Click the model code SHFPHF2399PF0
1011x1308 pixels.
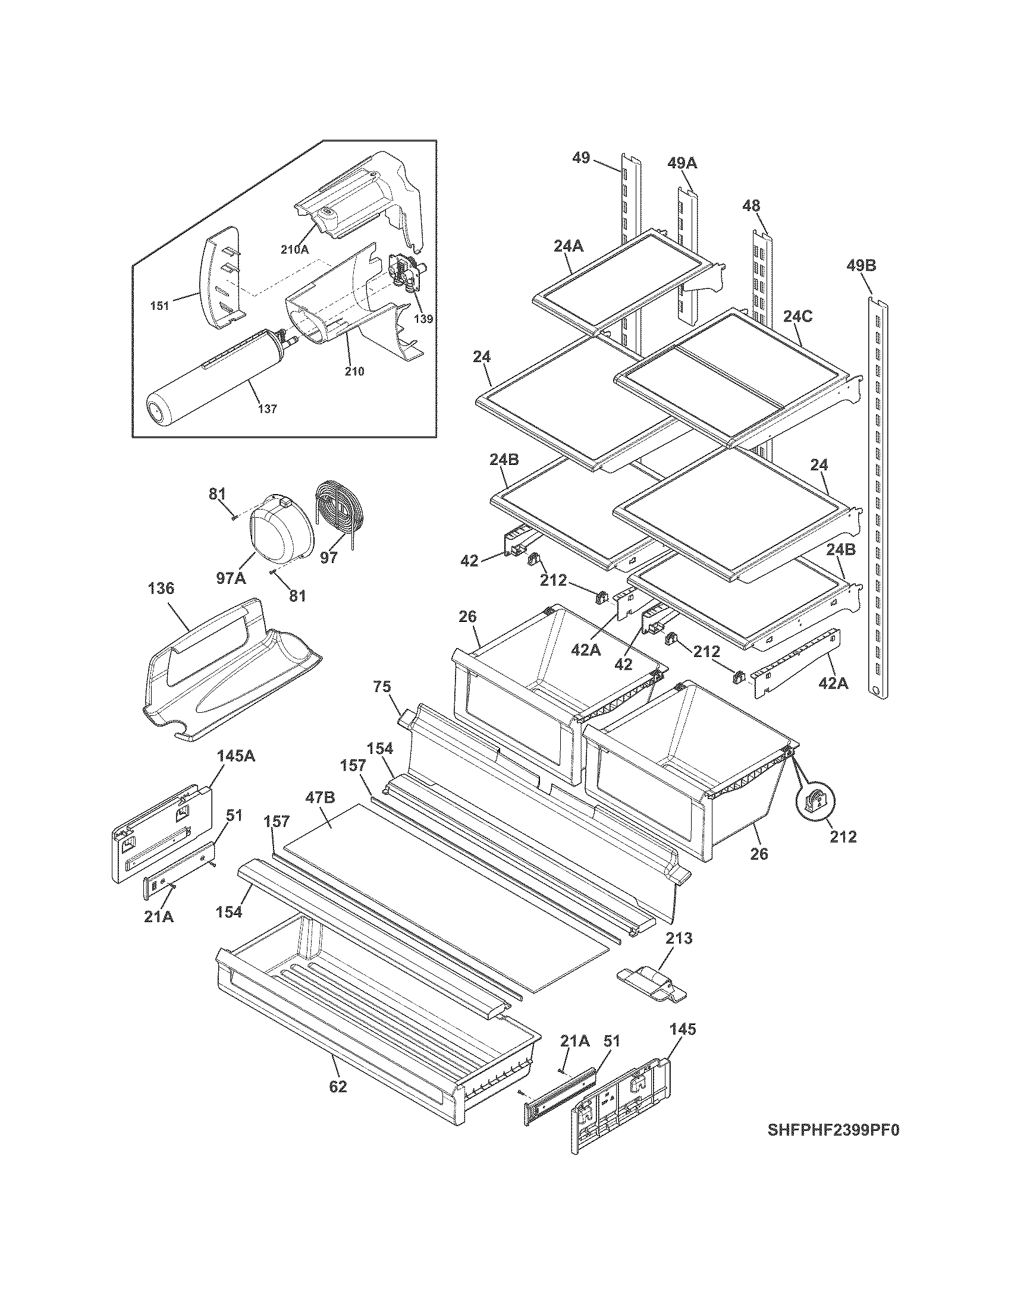834,1130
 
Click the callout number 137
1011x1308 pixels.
268,409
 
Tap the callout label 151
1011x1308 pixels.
160,306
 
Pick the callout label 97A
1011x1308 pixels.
231,577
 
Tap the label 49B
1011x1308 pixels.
861,265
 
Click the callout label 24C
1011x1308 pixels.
798,316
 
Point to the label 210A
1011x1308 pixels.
294,249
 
